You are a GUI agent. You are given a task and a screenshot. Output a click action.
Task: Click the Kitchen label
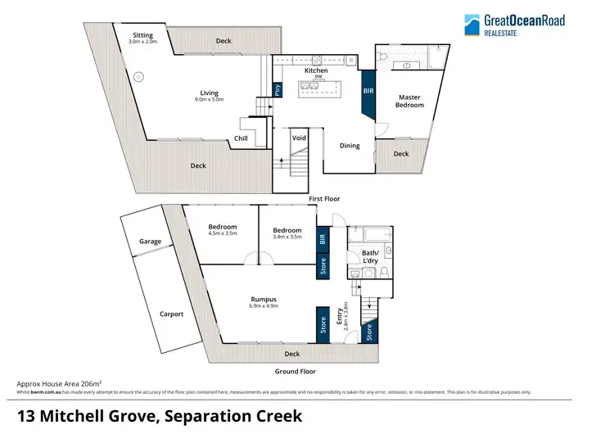click(316, 71)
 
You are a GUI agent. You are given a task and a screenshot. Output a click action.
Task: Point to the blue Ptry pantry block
click(278, 91)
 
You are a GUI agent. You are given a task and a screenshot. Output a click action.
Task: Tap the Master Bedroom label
click(410, 101)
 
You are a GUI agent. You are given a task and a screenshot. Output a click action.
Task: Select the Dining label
click(350, 146)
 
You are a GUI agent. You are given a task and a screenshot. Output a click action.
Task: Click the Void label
click(299, 138)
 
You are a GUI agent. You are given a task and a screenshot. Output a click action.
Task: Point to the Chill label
click(241, 138)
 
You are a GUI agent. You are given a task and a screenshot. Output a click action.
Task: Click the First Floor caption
click(323, 199)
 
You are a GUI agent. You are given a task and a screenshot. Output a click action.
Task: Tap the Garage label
click(150, 242)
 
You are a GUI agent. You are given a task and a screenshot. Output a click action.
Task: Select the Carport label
click(171, 314)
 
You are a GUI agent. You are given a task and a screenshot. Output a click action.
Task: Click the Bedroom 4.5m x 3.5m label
click(222, 230)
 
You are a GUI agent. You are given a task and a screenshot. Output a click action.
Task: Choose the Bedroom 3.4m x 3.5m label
click(287, 233)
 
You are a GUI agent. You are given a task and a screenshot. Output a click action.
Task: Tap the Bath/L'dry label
click(375, 257)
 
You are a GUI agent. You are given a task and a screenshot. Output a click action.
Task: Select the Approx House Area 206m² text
click(59, 382)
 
